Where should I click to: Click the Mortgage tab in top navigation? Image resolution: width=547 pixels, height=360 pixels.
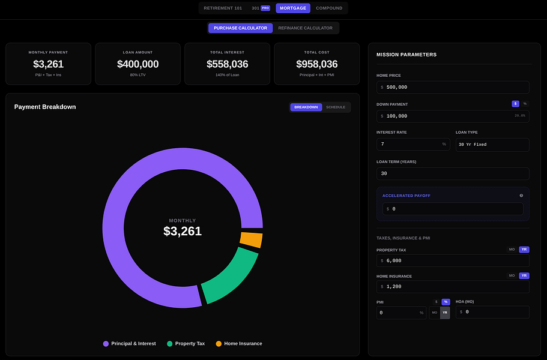[x=293, y=8]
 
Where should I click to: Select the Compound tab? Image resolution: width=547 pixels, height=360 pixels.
[x=329, y=8]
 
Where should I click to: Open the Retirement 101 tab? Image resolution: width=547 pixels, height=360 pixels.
[x=223, y=8]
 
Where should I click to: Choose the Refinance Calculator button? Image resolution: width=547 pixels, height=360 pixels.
[x=305, y=28]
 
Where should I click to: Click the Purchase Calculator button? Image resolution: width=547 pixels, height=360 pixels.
[x=240, y=28]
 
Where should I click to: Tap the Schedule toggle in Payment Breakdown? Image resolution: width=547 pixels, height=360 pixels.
[x=336, y=107]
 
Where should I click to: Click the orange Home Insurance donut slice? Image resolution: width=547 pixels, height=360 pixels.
[x=251, y=240]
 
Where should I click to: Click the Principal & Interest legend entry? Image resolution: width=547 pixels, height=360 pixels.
[x=129, y=344]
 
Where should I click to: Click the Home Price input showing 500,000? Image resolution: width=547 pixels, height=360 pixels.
[x=453, y=87]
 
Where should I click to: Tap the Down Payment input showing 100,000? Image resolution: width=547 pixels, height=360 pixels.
[x=444, y=116]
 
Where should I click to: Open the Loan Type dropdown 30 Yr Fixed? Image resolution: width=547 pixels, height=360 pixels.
[x=492, y=145]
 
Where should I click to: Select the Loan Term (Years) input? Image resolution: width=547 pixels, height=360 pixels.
[x=453, y=173]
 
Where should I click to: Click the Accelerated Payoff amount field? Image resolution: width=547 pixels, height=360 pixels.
[x=453, y=209]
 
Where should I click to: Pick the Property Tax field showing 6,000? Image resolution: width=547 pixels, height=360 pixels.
[x=453, y=260]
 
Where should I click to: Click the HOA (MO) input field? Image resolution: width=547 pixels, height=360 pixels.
[x=492, y=312]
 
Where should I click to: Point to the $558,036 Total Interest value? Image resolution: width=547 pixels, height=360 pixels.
[x=227, y=64]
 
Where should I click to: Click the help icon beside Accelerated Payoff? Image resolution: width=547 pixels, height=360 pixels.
[x=521, y=196]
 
